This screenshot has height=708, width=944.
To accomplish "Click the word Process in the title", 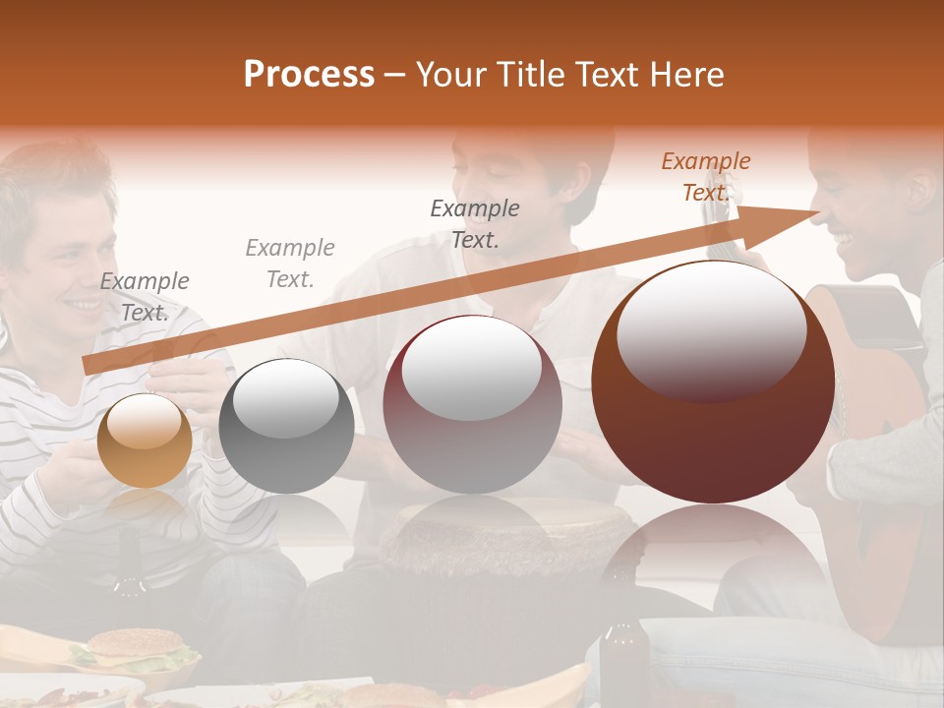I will tap(309, 75).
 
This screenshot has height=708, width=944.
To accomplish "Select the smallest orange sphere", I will tap(145, 441).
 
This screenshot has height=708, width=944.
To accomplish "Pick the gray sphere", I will tap(286, 426).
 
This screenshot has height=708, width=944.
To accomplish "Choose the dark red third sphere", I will tap(472, 404).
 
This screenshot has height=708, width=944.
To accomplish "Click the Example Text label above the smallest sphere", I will tap(145, 296).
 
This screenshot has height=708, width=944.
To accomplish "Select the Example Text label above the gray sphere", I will tap(290, 263).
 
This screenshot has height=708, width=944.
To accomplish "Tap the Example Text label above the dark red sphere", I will tap(475, 223).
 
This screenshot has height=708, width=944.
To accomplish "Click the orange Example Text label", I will tap(705, 177).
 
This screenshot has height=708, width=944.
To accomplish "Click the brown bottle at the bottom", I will tap(624, 659).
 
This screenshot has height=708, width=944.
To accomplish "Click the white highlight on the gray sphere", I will tap(286, 397).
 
